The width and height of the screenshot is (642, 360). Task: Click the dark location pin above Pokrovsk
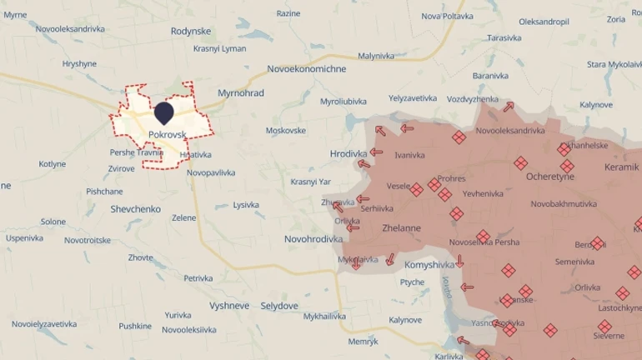click(164, 112)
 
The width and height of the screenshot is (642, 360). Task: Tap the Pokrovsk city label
click(167, 134)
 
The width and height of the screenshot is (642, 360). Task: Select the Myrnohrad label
click(240, 93)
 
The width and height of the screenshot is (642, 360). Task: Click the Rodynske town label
click(191, 31)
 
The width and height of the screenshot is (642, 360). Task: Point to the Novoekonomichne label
click(306, 69)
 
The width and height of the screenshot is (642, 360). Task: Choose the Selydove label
click(279, 306)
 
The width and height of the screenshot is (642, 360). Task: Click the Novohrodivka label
click(313, 239)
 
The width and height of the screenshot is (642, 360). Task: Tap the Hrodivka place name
click(348, 154)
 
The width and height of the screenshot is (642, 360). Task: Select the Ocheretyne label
click(549, 177)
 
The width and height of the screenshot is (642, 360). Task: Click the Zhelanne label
click(400, 227)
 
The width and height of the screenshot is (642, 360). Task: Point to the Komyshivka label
click(429, 265)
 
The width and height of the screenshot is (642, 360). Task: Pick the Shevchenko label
click(135, 209)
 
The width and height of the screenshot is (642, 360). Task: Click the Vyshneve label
click(229, 306)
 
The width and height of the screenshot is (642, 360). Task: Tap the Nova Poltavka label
click(447, 16)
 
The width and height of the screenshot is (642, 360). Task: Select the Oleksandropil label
click(544, 22)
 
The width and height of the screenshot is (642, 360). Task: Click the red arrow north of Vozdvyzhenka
click(508, 107)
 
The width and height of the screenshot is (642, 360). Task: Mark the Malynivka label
click(375, 56)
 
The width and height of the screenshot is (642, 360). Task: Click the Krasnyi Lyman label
click(219, 48)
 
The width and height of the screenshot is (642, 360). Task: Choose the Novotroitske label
click(88, 240)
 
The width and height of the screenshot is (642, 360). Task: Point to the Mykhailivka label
click(324, 317)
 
